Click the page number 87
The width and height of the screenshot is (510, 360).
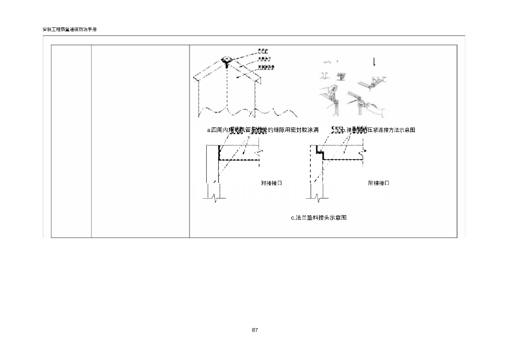pos(255,330)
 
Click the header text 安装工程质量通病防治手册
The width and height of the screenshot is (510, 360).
pos(69,30)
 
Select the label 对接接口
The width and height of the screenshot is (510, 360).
pos(271,183)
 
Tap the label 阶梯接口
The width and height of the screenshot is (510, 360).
pos(379,183)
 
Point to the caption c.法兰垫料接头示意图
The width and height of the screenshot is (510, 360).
pos(318,218)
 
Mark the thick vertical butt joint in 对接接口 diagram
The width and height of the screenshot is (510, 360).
pos(219,152)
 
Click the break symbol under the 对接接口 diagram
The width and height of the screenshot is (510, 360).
pos(214,199)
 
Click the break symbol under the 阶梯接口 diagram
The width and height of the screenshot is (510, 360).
pos(317,199)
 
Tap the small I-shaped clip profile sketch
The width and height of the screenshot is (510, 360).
pos(324,76)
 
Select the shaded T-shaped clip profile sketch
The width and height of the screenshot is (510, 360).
pos(342,76)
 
